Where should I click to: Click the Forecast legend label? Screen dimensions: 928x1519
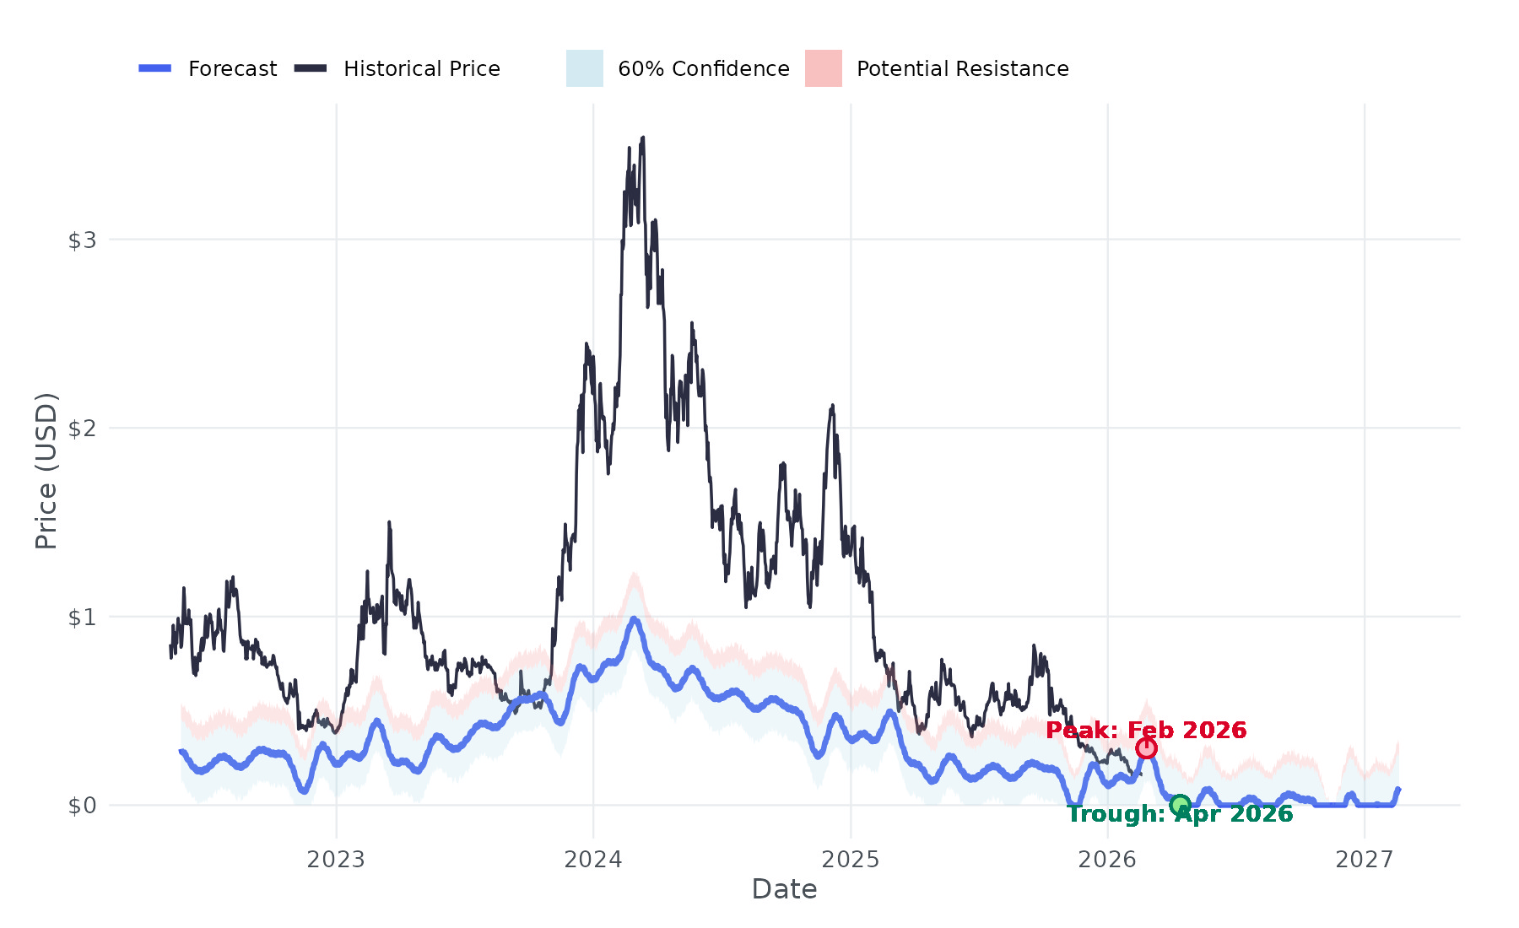[232, 68]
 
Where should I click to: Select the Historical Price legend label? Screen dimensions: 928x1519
[421, 68]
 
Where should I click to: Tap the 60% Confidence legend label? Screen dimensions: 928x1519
[703, 68]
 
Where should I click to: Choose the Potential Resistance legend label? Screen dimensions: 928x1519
[962, 68]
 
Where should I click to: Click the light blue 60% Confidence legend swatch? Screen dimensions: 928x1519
[584, 68]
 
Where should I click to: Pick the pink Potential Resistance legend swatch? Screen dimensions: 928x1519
[823, 68]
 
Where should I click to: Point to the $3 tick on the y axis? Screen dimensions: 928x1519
[82, 240]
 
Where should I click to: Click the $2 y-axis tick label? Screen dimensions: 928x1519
[82, 429]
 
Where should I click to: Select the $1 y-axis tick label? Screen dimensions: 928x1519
[82, 618]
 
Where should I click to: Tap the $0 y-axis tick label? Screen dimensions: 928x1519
[82, 806]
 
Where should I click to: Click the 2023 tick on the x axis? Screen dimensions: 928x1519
[336, 860]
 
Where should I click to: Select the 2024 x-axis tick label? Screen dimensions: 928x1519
[593, 860]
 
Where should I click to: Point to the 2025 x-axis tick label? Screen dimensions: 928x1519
[851, 860]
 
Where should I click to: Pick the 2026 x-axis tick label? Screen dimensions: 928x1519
[1107, 860]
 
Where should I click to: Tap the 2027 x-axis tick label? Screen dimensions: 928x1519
[1365, 860]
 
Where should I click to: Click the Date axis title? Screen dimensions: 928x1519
[784, 889]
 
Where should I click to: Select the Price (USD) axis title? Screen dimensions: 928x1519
[46, 471]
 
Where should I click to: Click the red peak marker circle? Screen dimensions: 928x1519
[1145, 748]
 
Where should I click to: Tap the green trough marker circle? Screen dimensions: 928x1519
[1180, 805]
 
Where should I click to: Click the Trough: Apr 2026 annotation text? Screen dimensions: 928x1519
[1180, 815]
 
